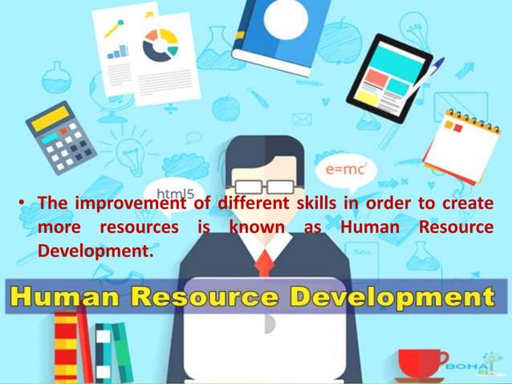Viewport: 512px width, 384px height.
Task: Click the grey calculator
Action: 61,137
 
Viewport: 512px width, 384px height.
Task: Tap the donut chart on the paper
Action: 161,46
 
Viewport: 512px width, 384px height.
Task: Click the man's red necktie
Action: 263,262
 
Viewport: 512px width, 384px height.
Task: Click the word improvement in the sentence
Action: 129,203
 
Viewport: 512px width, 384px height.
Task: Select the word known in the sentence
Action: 257,227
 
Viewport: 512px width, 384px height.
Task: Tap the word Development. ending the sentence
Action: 95,251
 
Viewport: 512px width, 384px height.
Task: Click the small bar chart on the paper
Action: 119,51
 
